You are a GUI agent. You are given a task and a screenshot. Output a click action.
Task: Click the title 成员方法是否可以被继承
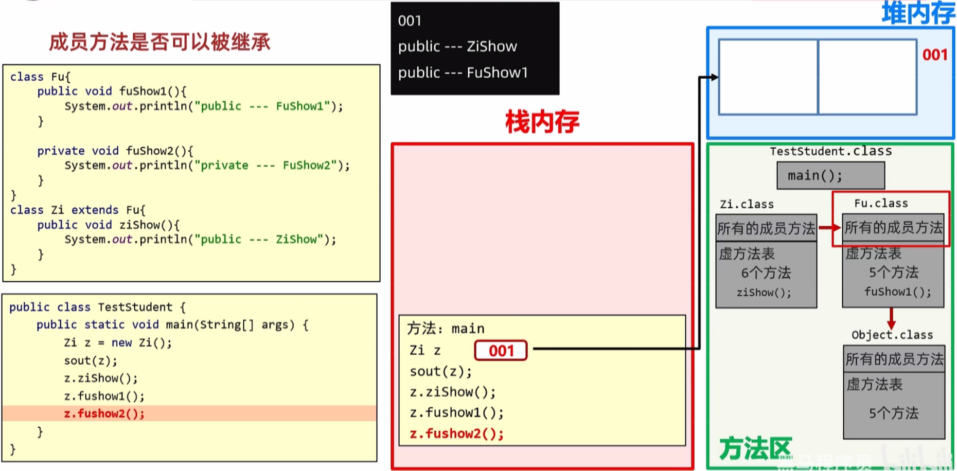coord(159,42)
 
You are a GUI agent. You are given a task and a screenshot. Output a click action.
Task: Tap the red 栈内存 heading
coord(542,122)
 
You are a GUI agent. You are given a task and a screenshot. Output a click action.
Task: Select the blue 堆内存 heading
coord(918,13)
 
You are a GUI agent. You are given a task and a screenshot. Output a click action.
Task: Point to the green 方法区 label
coord(755,448)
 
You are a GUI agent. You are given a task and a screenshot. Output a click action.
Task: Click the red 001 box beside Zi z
coord(501,351)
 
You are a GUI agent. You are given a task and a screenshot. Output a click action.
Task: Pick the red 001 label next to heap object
coord(935,55)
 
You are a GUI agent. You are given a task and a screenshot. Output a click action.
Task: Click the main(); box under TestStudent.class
coord(830,176)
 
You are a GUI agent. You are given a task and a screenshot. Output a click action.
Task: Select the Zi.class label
coord(747,204)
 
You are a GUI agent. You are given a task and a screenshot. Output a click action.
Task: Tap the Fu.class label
coord(881,203)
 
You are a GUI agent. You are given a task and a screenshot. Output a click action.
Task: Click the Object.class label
coord(892,335)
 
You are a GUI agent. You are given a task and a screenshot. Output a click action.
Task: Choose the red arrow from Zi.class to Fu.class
coord(829,228)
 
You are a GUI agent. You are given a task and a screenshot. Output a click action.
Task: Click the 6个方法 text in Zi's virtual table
coord(766,273)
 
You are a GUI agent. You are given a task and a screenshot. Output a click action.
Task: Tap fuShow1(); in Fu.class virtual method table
coord(897,292)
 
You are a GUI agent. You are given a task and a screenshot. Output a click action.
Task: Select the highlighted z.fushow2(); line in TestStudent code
coord(104,413)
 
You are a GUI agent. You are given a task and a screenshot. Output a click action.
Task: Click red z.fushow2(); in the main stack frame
coord(456,434)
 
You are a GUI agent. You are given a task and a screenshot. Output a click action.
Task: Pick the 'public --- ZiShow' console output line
coord(457,47)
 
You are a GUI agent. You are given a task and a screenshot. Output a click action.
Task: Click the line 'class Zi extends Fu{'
coord(78,210)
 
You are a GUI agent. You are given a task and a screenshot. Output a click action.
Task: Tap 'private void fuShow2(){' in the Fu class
coord(115,151)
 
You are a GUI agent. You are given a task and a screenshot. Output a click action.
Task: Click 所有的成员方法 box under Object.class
coord(894,359)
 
